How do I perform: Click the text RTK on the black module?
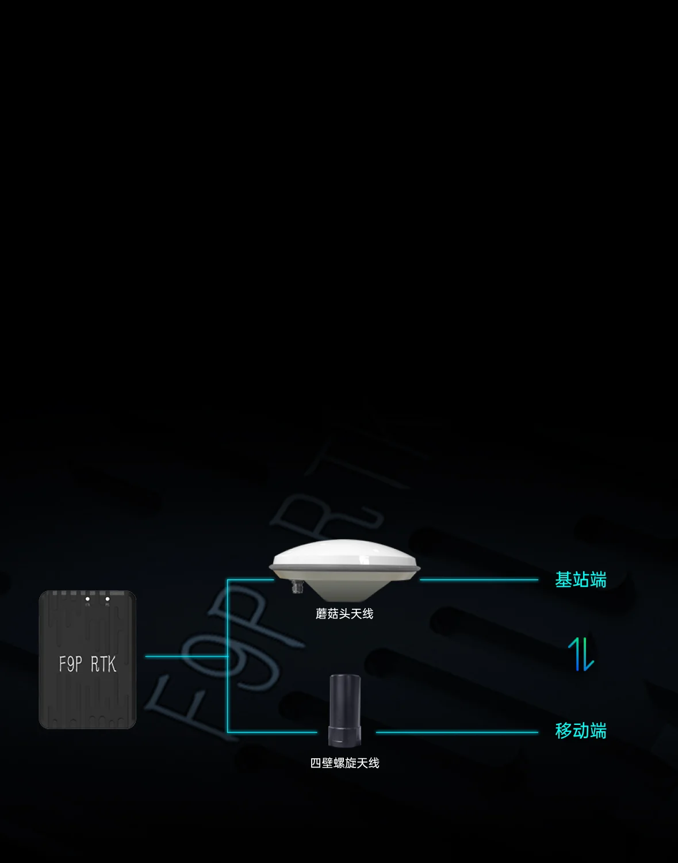104,664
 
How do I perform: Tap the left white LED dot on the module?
87,599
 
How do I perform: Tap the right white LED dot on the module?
108,599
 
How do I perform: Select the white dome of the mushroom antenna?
344,552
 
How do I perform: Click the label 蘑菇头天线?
344,614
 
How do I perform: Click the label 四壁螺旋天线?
344,763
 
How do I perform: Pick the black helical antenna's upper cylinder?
345,700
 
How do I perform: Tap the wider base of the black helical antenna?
345,735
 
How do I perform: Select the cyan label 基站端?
581,579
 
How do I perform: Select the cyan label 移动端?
581,731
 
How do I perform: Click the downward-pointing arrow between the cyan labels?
588,654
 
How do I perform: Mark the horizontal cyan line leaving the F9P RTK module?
186,656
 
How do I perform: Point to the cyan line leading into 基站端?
478,579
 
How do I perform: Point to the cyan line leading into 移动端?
457,732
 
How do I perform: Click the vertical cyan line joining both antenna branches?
228,656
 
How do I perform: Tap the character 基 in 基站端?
564,579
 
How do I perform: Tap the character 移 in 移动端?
564,731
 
